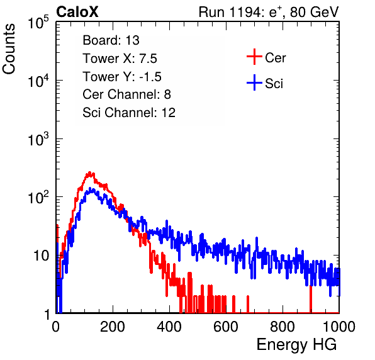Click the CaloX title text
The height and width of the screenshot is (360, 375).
pyautogui.click(x=77, y=12)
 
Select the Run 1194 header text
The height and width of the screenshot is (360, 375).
pyautogui.click(x=269, y=13)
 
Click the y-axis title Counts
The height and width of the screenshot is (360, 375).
pyautogui.click(x=9, y=49)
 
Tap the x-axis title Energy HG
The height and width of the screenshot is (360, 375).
pyautogui.click(x=296, y=345)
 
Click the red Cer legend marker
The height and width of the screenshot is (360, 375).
pyautogui.click(x=254, y=57)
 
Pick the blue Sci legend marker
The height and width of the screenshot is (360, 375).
pyautogui.click(x=254, y=82)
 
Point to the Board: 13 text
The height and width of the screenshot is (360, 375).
pyautogui.click(x=111, y=40)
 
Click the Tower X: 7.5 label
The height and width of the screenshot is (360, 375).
pyautogui.click(x=120, y=59)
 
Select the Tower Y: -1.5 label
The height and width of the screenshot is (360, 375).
pyautogui.click(x=122, y=77)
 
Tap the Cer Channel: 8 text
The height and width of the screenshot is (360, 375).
pyautogui.click(x=126, y=94)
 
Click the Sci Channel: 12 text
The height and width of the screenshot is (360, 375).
pyautogui.click(x=129, y=113)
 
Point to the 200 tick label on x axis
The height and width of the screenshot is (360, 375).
pyautogui.click(x=113, y=327)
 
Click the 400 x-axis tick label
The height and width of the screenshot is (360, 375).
pyautogui.click(x=169, y=327)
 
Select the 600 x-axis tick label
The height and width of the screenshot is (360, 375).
pyautogui.click(x=226, y=327)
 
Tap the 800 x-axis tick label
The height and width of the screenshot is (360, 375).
pyautogui.click(x=283, y=327)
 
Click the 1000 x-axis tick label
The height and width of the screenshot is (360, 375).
pyautogui.click(x=339, y=327)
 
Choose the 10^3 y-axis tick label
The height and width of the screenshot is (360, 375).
pyautogui.click(x=38, y=139)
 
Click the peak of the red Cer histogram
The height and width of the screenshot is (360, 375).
pyautogui.click(x=89, y=172)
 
